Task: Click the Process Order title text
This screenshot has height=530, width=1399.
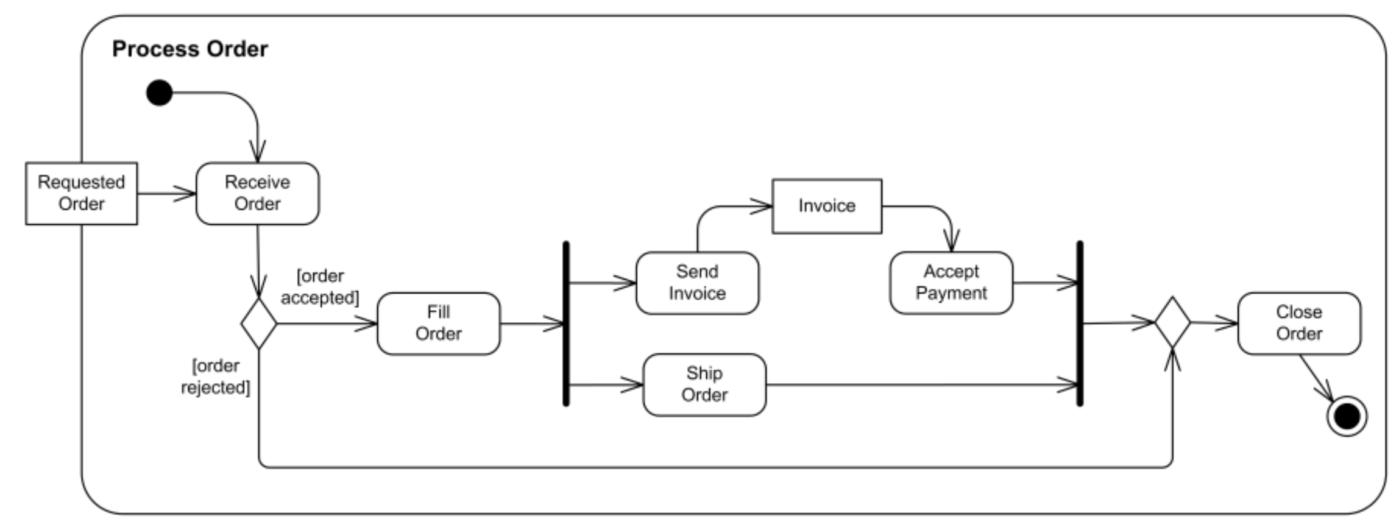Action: [189, 49]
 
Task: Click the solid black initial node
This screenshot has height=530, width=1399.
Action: [160, 93]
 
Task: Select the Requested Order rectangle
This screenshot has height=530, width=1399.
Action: [81, 193]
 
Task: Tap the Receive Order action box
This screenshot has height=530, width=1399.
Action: [257, 193]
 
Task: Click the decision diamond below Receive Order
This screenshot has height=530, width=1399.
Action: [259, 323]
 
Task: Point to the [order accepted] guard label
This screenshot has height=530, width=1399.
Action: [320, 287]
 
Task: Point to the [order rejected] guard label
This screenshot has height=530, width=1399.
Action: [215, 376]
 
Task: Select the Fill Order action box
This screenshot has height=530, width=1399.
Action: [438, 323]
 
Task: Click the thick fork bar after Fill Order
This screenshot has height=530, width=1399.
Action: [566, 323]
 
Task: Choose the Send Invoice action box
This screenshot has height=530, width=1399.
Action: [697, 283]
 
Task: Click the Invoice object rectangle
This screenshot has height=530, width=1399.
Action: [827, 206]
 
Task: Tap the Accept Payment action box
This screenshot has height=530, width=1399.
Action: [951, 283]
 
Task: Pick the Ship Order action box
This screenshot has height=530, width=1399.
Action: [704, 384]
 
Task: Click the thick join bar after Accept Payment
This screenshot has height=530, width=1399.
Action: [1080, 323]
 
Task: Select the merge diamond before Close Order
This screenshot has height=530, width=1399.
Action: [1172, 322]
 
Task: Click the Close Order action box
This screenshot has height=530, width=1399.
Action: [1298, 323]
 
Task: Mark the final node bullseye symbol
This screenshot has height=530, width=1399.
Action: [1346, 417]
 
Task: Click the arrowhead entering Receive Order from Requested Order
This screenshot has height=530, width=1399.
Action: [186, 194]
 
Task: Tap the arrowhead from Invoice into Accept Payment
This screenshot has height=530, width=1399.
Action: [951, 242]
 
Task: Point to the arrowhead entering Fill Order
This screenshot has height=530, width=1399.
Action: [367, 323]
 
